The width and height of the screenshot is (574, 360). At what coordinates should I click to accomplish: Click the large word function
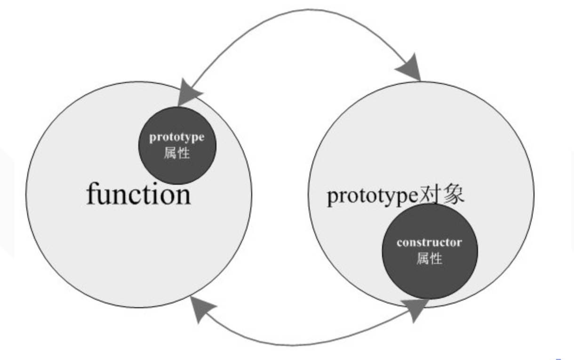click(139, 194)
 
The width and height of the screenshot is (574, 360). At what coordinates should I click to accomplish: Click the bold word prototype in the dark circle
click(177, 138)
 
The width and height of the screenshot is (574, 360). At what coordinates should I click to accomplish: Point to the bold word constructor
click(429, 243)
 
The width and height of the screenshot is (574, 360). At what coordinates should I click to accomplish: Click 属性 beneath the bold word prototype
click(177, 153)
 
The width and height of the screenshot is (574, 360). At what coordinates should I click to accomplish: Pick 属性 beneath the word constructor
click(429, 258)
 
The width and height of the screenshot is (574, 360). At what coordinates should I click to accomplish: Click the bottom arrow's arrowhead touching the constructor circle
click(416, 309)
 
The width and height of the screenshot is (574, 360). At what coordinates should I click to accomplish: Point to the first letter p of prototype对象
click(332, 198)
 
